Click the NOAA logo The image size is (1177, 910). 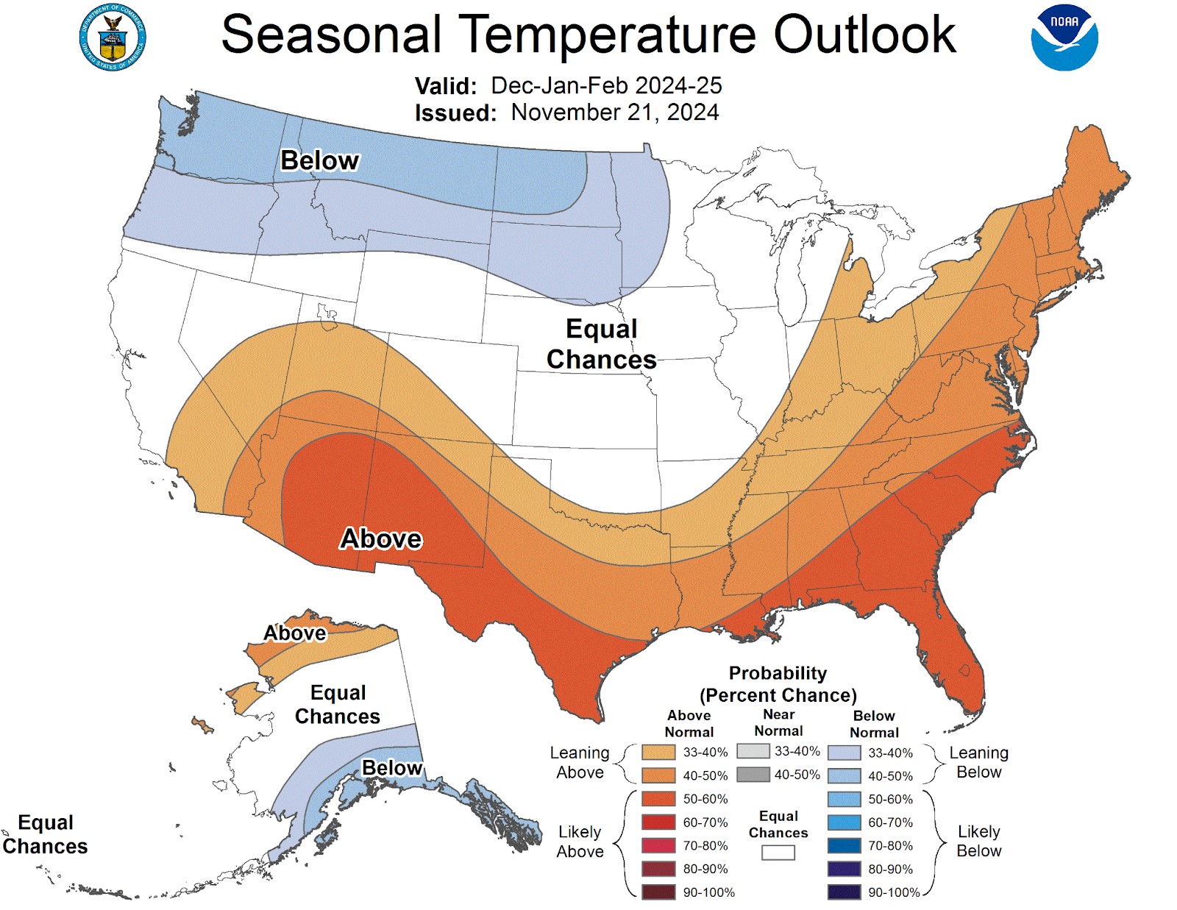(1064, 38)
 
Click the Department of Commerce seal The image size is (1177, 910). (113, 38)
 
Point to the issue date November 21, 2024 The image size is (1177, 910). (614, 113)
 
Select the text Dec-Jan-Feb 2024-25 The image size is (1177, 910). (606, 85)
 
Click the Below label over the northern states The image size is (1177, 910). (319, 160)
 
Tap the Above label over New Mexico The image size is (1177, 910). (380, 539)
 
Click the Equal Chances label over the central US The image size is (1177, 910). (601, 344)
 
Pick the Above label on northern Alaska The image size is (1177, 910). (294, 633)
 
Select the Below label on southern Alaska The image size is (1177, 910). (392, 768)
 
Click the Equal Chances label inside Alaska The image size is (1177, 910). (338, 705)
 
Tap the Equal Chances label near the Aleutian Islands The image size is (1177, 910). (45, 834)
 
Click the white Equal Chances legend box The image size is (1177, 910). (778, 853)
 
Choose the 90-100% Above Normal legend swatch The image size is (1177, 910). (658, 892)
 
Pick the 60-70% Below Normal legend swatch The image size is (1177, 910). (844, 822)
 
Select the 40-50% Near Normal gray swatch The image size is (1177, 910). (753, 775)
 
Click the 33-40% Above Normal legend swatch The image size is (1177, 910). (658, 753)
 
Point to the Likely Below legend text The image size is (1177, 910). (978, 841)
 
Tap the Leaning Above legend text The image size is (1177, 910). (580, 763)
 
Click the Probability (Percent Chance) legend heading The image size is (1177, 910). (778, 684)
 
